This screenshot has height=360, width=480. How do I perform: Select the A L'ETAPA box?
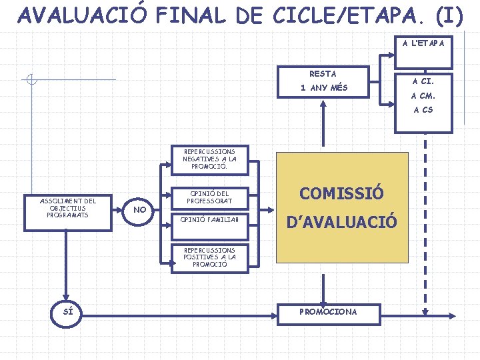[x=423, y=52]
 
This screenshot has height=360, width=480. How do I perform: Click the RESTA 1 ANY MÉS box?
[x=323, y=81]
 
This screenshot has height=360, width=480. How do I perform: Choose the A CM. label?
[x=423, y=95]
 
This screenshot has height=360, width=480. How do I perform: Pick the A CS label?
[x=423, y=110]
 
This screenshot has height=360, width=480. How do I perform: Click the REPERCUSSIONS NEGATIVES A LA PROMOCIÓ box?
[x=209, y=159]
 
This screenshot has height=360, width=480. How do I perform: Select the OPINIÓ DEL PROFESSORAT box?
[x=209, y=197]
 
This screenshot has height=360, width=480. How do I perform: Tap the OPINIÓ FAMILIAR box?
[x=209, y=219]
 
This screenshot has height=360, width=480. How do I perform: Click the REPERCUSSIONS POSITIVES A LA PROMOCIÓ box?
[x=209, y=257]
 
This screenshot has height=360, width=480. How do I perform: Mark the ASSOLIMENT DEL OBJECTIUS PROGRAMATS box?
[x=67, y=208]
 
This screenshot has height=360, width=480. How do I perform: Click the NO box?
[x=140, y=210]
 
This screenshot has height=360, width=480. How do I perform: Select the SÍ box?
[x=67, y=311]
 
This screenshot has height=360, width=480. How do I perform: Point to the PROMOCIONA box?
[x=328, y=311]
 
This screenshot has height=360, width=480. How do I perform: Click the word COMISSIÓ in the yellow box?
[x=341, y=194]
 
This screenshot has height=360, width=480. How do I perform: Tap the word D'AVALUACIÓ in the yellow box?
[x=341, y=221]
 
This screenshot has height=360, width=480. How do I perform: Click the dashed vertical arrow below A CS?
[x=426, y=220]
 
